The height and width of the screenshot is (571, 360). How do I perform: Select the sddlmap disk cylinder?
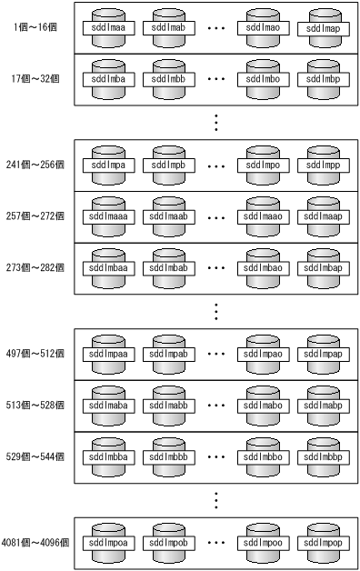tap(327, 27)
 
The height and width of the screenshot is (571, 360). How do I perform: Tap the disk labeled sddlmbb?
tap(172, 77)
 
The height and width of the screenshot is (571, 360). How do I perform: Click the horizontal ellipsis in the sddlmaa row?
tap(216, 28)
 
